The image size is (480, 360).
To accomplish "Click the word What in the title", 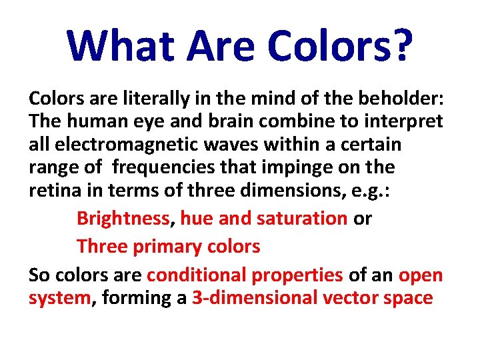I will pos(121,45).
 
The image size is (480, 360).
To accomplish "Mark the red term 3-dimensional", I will pos(253,297).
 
